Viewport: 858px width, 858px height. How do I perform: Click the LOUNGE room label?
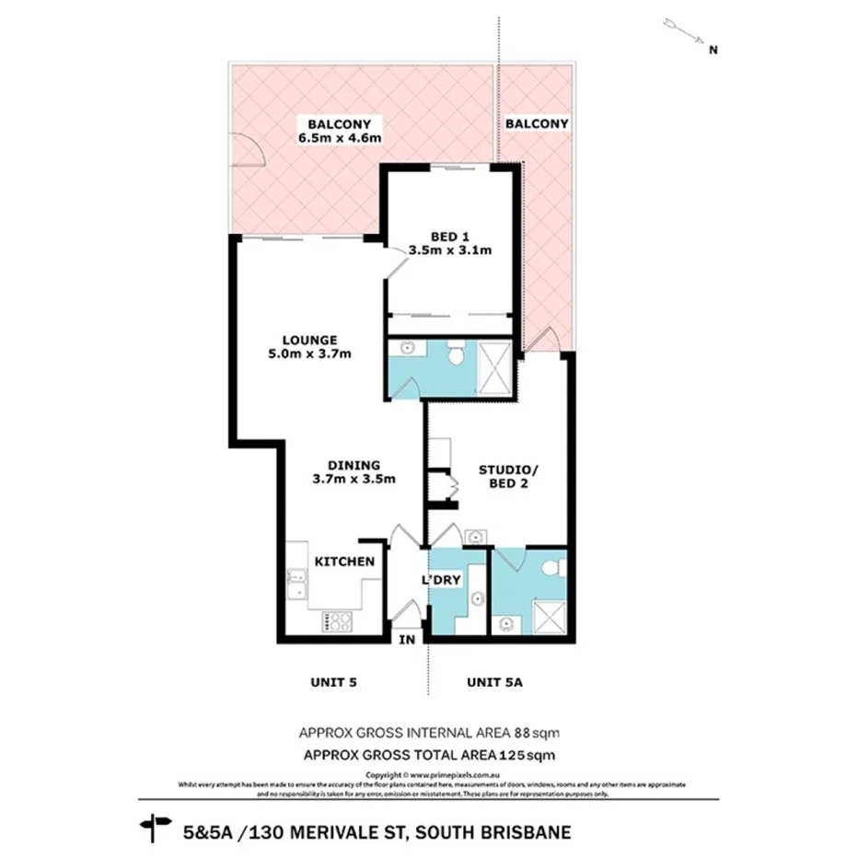pyautogui.click(x=309, y=339)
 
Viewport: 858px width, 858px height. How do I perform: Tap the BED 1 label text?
pyautogui.click(x=449, y=235)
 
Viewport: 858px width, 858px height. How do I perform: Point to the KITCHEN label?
pyautogui.click(x=344, y=562)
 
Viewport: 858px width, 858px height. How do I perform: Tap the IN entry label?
pyautogui.click(x=407, y=639)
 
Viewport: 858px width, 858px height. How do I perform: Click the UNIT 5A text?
pyautogui.click(x=495, y=682)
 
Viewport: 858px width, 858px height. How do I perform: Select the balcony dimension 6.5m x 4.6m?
pyautogui.click(x=340, y=138)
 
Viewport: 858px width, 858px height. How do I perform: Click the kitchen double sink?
pyautogui.click(x=296, y=584)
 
